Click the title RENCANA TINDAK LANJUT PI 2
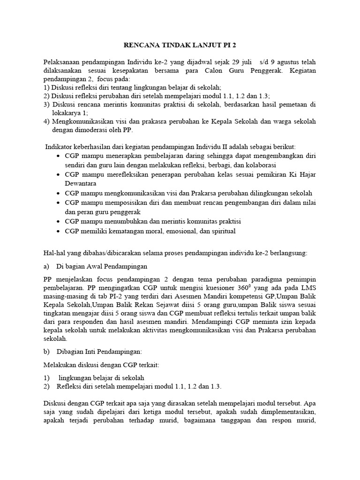coord(180,46)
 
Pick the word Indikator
coord(59,147)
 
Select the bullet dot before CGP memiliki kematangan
coord(58,232)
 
